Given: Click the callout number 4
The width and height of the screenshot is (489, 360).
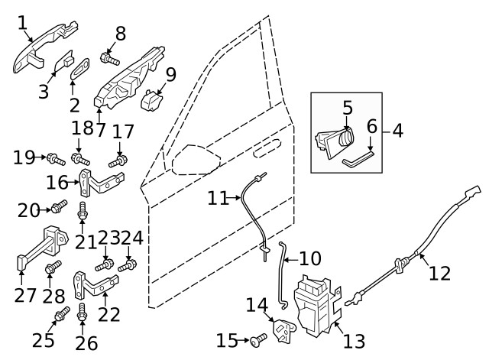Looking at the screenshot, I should pyautogui.click(x=397, y=131).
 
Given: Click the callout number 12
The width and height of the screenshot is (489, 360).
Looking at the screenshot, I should pyautogui.click(x=440, y=272).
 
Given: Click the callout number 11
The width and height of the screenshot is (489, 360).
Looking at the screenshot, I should pyautogui.click(x=218, y=198).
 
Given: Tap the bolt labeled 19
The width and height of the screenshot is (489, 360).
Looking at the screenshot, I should pyautogui.click(x=53, y=159).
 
